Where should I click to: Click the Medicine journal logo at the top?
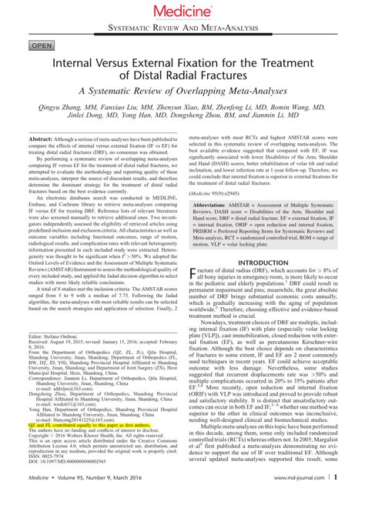182,10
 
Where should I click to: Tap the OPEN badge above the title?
25,46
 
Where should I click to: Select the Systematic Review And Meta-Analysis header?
182,26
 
